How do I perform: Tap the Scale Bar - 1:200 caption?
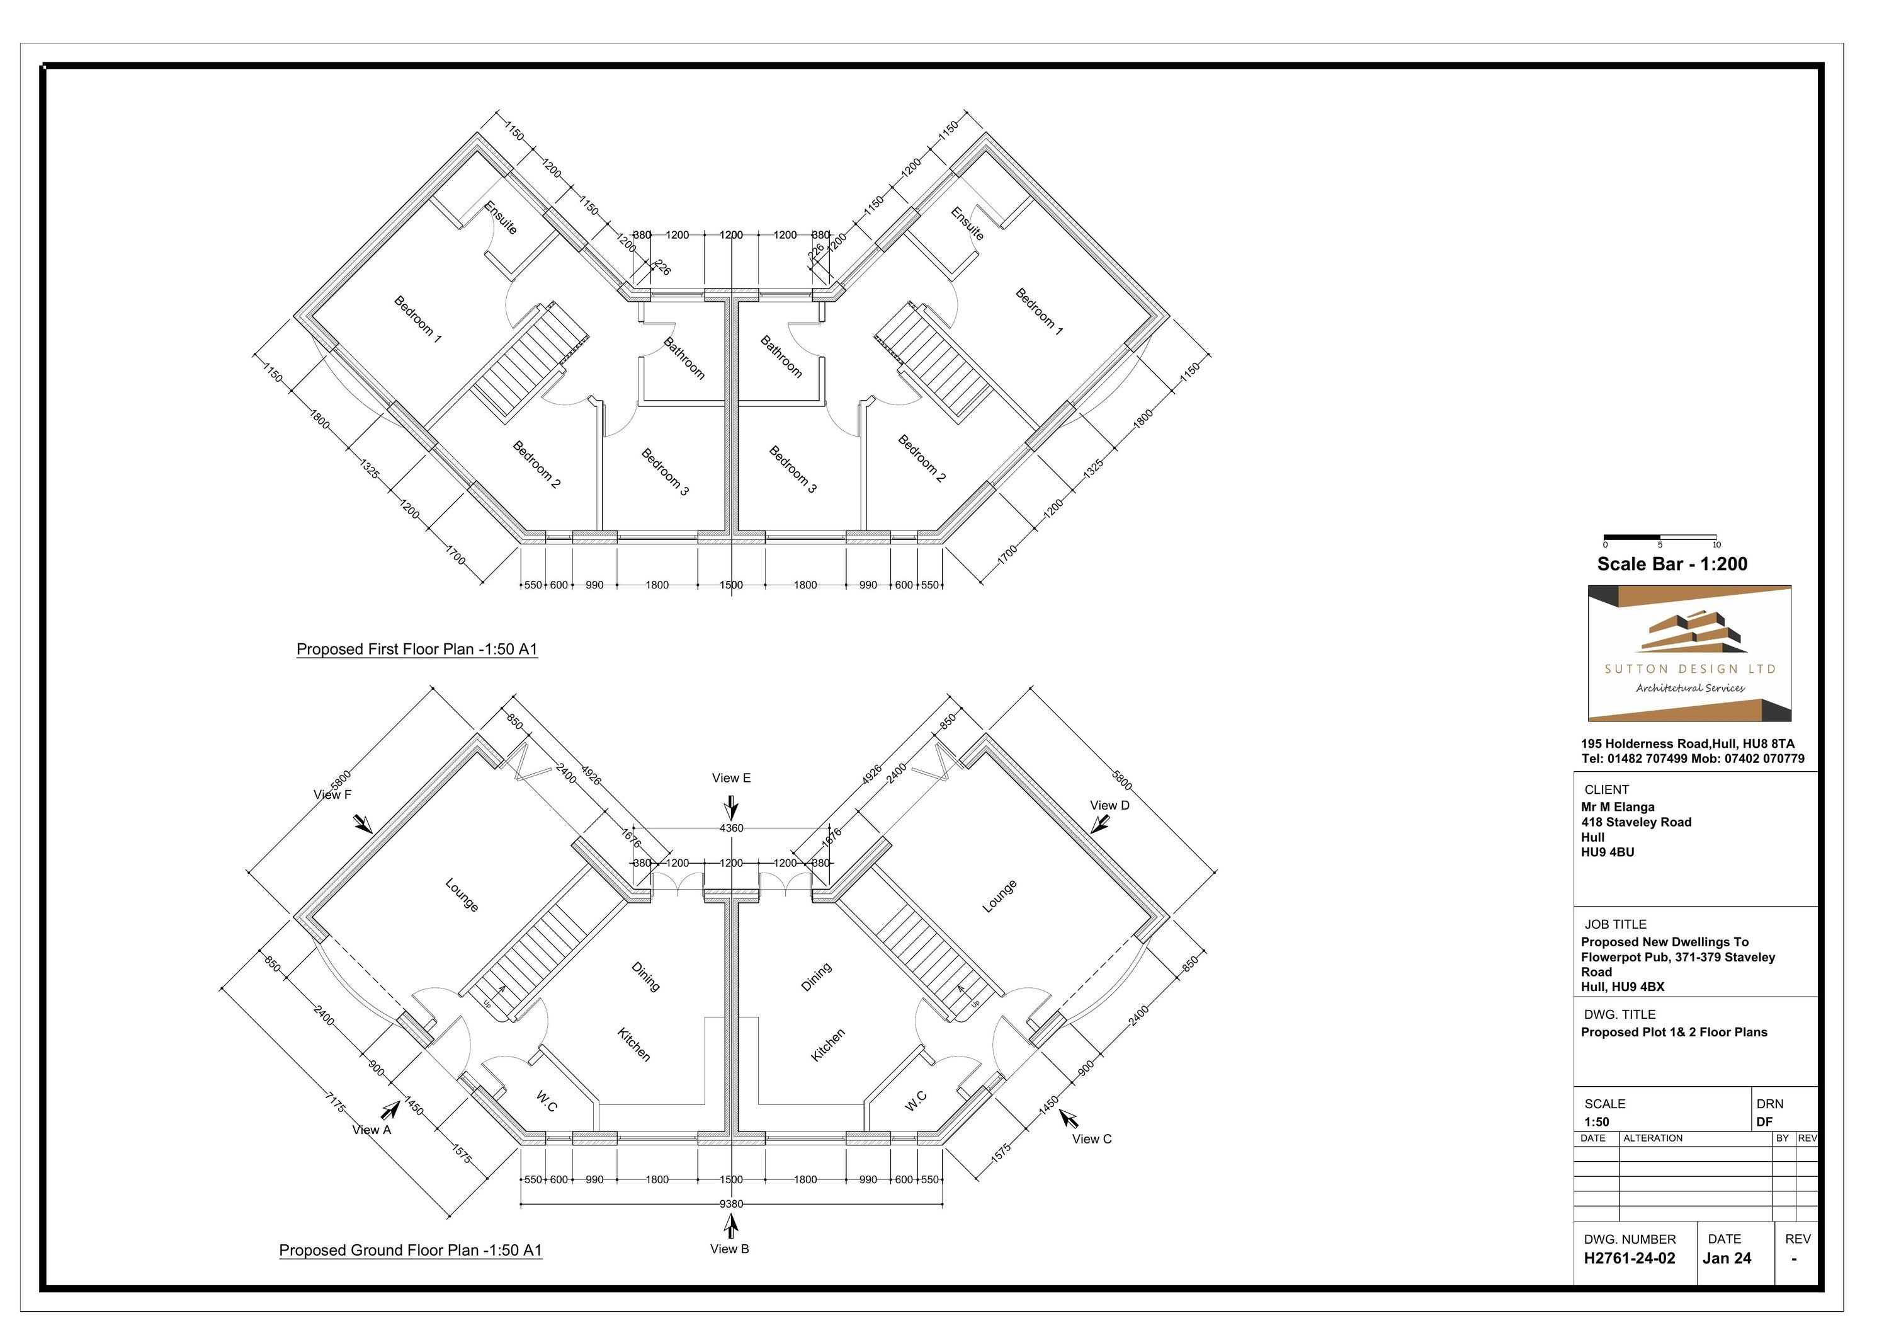coord(1672,564)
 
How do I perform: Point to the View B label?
coord(729,1249)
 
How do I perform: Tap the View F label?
coord(332,794)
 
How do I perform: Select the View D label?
coord(1110,805)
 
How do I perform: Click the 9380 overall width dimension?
coord(730,1203)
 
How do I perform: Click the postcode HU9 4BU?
coord(1608,852)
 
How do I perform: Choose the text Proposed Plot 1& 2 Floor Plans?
coord(1674,1032)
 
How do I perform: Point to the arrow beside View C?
coord(1068,1118)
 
